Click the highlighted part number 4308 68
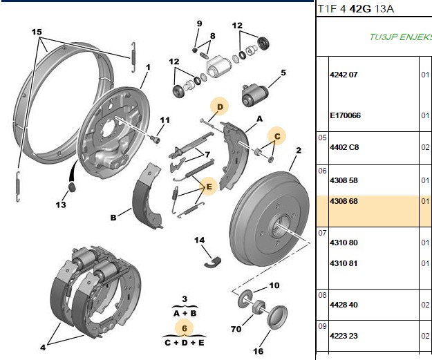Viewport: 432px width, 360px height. pyautogui.click(x=344, y=201)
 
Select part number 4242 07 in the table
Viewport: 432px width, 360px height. pyautogui.click(x=344, y=75)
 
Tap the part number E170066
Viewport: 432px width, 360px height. pyautogui.click(x=345, y=115)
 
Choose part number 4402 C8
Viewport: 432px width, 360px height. pyautogui.click(x=344, y=147)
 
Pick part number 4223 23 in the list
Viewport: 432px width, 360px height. pyautogui.click(x=344, y=336)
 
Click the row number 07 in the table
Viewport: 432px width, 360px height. pyautogui.click(x=322, y=234)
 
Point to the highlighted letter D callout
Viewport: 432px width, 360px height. pyautogui.click(x=220, y=106)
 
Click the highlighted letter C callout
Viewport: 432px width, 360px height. pyautogui.click(x=277, y=136)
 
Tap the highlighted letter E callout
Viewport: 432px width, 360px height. pyautogui.click(x=209, y=187)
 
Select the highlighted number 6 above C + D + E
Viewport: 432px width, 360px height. pyautogui.click(x=185, y=328)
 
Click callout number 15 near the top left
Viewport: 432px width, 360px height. pyautogui.click(x=37, y=32)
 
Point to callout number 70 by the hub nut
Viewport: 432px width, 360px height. pyautogui.click(x=236, y=329)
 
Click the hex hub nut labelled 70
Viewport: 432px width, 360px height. pyautogui.click(x=259, y=307)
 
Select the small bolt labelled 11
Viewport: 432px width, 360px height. pyautogui.click(x=156, y=139)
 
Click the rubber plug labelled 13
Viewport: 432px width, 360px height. pyautogui.click(x=72, y=187)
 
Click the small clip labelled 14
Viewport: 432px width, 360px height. pyautogui.click(x=213, y=262)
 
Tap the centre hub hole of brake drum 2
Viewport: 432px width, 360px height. pyautogui.click(x=281, y=225)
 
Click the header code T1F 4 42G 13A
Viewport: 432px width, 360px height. pyautogui.click(x=356, y=9)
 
